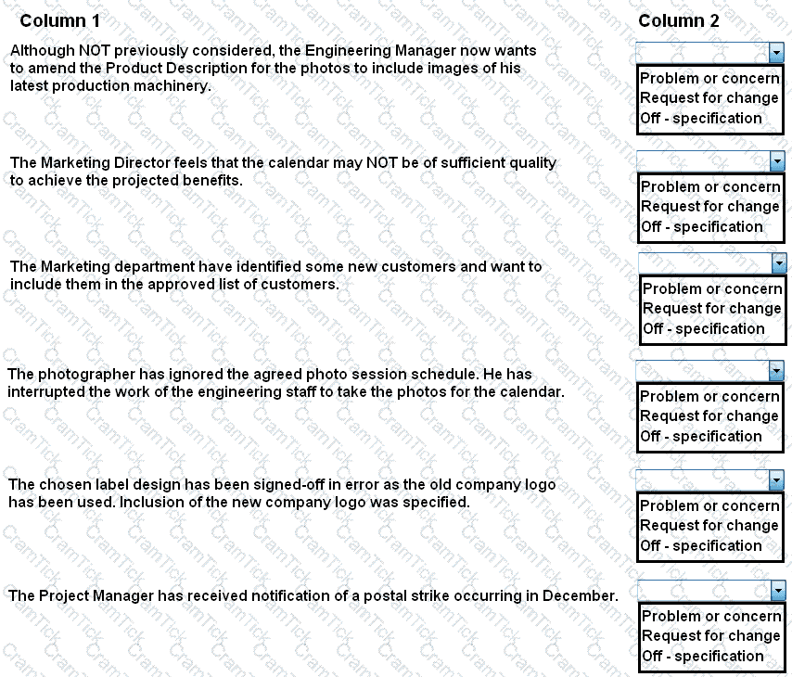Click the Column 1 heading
tap(60, 20)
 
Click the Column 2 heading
tap(678, 20)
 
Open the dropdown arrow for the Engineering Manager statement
tap(776, 54)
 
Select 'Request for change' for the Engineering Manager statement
tap(709, 98)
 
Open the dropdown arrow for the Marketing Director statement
tap(777, 162)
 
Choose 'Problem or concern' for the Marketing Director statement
tap(710, 186)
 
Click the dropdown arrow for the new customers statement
tap(778, 264)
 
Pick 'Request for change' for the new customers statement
tap(712, 308)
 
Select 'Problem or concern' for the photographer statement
tap(709, 396)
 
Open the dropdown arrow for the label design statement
tap(776, 480)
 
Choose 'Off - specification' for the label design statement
tap(701, 545)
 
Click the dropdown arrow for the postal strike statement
tap(777, 590)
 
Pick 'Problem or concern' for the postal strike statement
tap(711, 616)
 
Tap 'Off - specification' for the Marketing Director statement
tap(702, 226)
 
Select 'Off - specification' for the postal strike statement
tap(703, 656)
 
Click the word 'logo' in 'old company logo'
tap(541, 484)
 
